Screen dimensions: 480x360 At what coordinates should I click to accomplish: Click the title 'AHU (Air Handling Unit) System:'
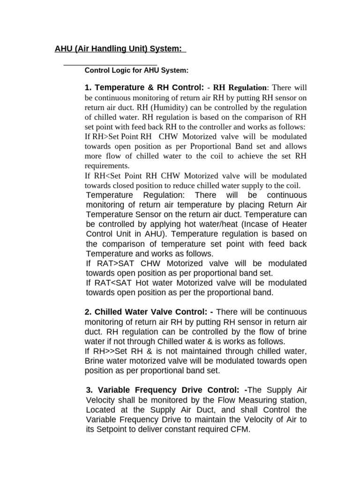120,49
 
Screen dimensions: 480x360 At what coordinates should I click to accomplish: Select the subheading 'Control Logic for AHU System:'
136,70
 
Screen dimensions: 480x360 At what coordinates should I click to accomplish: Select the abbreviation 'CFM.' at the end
240,429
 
